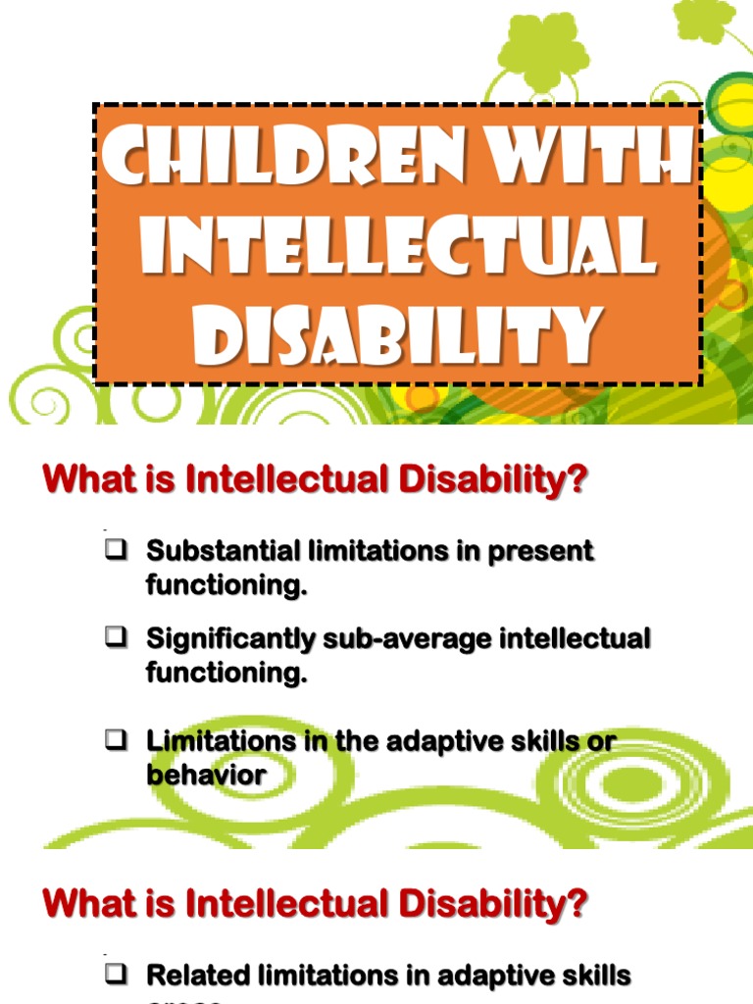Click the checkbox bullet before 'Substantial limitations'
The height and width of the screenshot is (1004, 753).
point(114,551)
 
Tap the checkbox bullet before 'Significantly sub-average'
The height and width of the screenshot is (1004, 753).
point(114,639)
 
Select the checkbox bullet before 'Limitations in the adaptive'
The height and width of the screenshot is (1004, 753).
point(114,741)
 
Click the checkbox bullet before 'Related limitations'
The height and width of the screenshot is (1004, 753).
point(114,975)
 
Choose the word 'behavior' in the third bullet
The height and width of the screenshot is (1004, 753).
point(206,775)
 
